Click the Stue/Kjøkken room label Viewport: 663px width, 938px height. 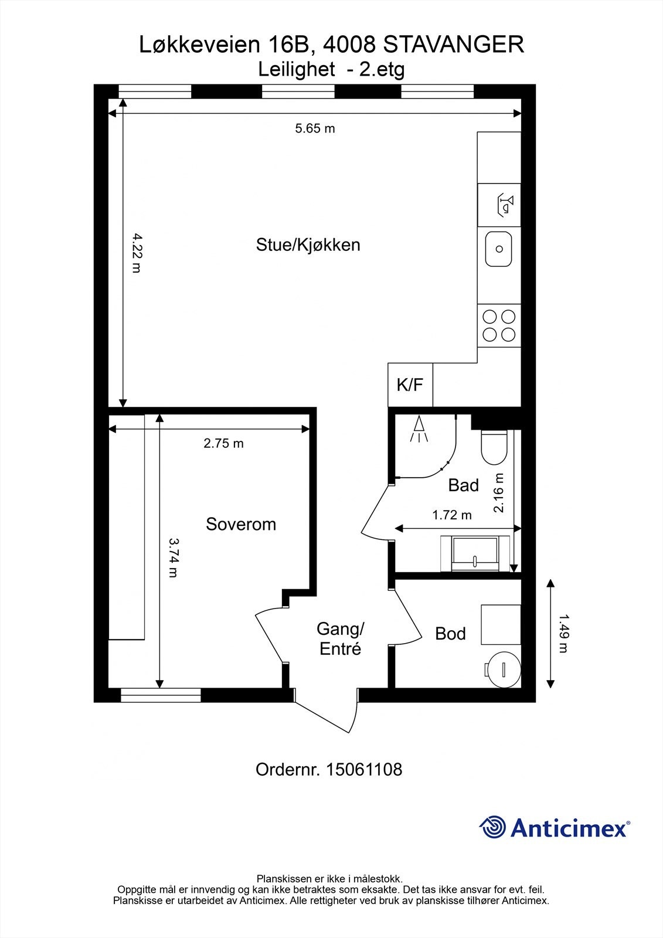[308, 245]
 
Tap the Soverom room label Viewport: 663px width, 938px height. [241, 524]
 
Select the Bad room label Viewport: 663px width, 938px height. [463, 485]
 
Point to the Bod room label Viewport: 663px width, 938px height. [450, 634]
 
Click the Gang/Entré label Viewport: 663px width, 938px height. [341, 638]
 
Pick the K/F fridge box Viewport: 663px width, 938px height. [410, 385]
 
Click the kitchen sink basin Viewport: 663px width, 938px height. [498, 249]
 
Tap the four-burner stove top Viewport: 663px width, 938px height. [499, 325]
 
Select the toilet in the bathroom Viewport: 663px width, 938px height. [494, 447]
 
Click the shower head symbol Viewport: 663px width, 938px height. [419, 429]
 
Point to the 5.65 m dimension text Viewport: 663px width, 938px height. [315, 128]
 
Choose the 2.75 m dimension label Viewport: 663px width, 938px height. [224, 443]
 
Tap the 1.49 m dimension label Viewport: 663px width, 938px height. [564, 634]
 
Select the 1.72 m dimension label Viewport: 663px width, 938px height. [452, 515]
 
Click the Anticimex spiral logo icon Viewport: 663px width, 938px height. [492, 827]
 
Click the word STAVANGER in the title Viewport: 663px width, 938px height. [454, 45]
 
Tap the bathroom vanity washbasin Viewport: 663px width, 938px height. [475, 553]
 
